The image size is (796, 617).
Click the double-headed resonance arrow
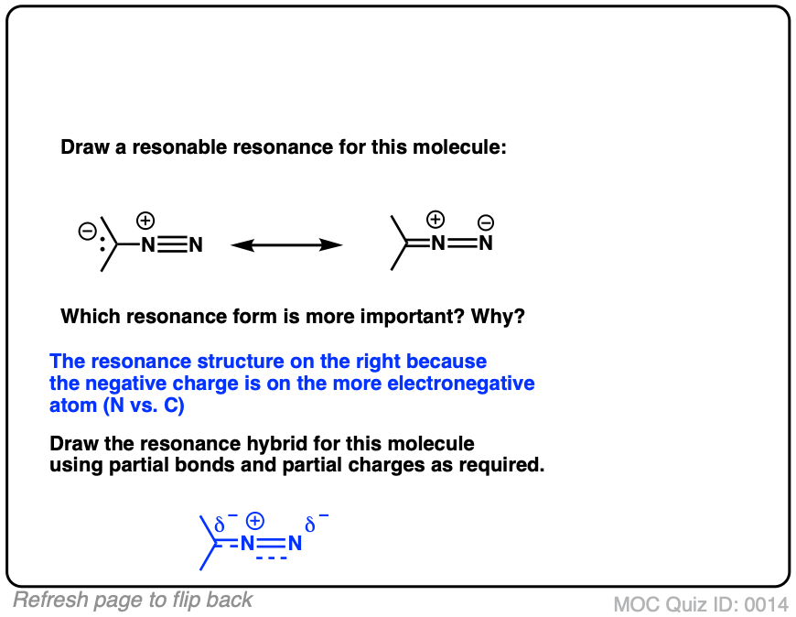pyautogui.click(x=286, y=244)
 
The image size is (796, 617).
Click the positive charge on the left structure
pyautogui.click(x=145, y=221)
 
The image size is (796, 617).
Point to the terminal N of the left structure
pyautogui.click(x=195, y=244)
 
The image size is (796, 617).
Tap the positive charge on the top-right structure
pyautogui.click(x=436, y=220)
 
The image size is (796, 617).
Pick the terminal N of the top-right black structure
pyautogui.click(x=486, y=244)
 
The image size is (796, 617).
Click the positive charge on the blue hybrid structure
pyautogui.click(x=256, y=521)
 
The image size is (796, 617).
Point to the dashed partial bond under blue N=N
pyautogui.click(x=271, y=557)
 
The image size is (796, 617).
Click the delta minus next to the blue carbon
pyautogui.click(x=224, y=525)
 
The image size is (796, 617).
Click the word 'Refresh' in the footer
pyautogui.click(x=47, y=601)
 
